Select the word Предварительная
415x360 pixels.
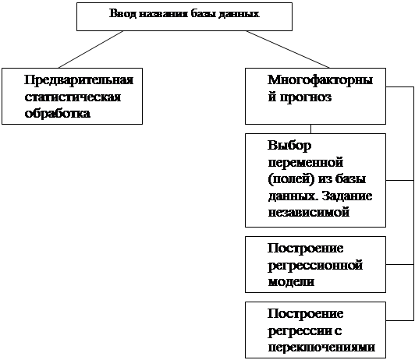click(79, 80)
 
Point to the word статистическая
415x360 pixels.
click(73, 97)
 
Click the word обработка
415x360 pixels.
click(58, 113)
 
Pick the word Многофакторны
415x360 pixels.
click(321, 79)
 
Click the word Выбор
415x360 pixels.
click(289, 146)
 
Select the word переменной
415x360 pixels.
click(306, 163)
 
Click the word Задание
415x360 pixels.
click(347, 196)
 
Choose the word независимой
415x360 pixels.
click(309, 213)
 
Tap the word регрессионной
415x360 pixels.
click(315, 266)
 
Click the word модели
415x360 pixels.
click(291, 282)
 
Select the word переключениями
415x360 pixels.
click(321, 348)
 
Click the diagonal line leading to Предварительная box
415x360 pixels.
click(90, 49)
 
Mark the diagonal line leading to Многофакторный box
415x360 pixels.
click(288, 49)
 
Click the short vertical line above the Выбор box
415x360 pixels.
click(310, 129)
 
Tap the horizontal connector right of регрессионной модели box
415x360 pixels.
click(399, 264)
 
